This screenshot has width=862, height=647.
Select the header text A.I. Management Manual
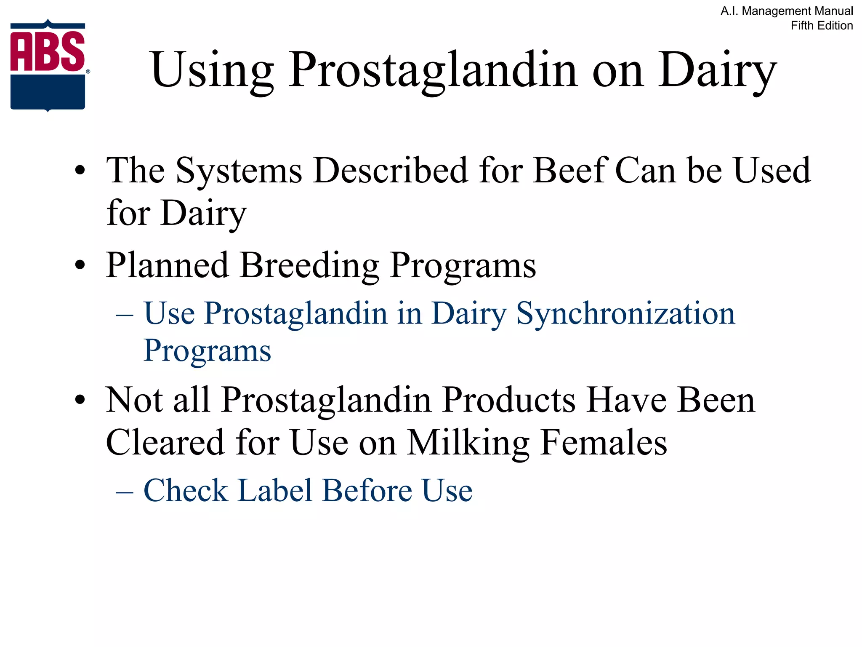787,11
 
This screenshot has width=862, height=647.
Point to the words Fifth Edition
822,26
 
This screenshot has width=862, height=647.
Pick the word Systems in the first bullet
239,171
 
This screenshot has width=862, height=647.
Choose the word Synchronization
625,314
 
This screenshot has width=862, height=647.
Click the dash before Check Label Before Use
125,492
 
